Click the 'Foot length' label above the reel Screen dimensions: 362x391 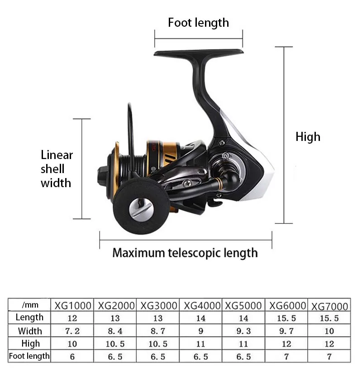point(198,23)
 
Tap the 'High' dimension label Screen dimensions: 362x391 point(308,136)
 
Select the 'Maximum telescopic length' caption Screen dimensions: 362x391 point(185,252)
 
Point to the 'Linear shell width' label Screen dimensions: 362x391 point(57,169)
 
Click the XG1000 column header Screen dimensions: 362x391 point(73,305)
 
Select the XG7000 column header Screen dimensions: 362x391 point(329,306)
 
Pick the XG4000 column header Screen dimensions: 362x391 point(202,305)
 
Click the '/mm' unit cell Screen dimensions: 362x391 point(29,304)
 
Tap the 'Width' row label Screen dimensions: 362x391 point(30,331)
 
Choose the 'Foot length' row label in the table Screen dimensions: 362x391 point(29,356)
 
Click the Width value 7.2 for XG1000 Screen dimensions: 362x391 point(72,331)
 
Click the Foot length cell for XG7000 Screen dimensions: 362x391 point(329,357)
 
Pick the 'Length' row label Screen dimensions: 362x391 point(30,317)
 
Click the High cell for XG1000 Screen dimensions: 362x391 point(72,344)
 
